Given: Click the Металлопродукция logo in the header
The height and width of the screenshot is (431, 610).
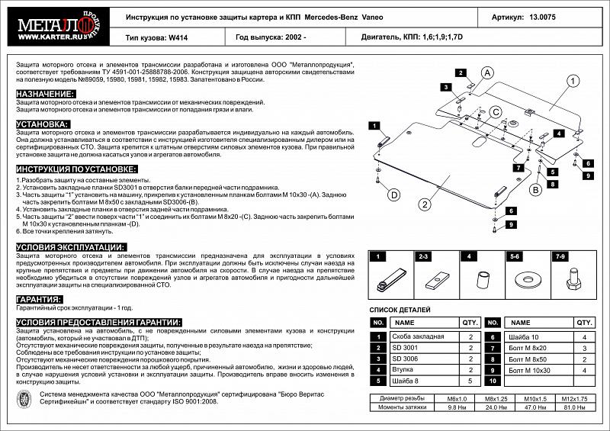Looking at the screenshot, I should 58,27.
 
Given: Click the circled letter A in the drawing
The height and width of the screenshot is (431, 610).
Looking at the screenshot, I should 485,72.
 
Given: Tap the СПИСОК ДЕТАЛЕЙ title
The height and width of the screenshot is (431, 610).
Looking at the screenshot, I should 400,310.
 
